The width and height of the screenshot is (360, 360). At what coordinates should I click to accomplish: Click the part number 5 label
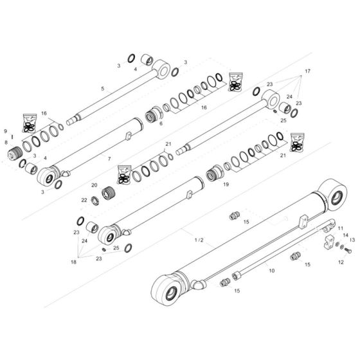pos(102,88)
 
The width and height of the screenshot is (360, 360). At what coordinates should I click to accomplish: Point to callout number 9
pos(6,132)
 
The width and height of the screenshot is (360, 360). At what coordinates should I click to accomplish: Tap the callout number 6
pos(161,124)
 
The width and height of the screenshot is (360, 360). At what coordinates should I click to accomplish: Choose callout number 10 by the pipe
pos(271,271)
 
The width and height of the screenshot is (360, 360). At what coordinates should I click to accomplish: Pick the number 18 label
pos(73,263)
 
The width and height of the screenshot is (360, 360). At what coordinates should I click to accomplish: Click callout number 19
pos(226,184)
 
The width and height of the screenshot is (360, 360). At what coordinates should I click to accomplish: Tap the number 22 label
pos(84,200)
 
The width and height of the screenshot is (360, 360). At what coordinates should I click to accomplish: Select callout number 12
pos(340,262)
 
